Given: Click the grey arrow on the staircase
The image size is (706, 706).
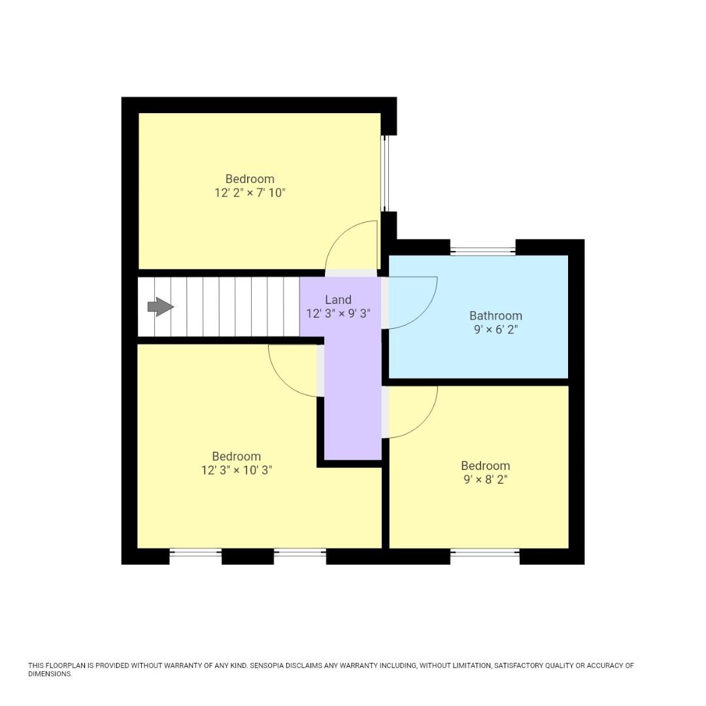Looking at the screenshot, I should point(160,307).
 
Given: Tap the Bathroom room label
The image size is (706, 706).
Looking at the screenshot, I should point(496,316).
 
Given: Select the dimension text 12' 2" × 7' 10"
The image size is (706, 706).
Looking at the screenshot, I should point(250,193).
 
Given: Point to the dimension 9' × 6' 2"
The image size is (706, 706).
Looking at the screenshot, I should point(496,329).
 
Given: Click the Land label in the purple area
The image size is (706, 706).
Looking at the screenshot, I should point(338,300).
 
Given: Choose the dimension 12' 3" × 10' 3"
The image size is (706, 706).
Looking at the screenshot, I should point(236,470).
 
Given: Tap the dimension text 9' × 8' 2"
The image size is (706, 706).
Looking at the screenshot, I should point(485,479).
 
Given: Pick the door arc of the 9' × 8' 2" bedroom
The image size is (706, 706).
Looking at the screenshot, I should point(425,418).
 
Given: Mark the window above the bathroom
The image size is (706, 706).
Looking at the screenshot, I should point(482,250).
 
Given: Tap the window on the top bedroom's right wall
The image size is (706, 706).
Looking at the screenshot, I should point(385,173).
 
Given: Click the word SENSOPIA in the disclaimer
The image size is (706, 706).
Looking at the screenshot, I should point(272,665).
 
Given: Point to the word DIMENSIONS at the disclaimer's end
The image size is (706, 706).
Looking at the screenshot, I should point(50,674).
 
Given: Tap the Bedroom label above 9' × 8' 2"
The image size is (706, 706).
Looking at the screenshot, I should point(485,465).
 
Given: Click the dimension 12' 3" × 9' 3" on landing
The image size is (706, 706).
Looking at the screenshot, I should point(338,313).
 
